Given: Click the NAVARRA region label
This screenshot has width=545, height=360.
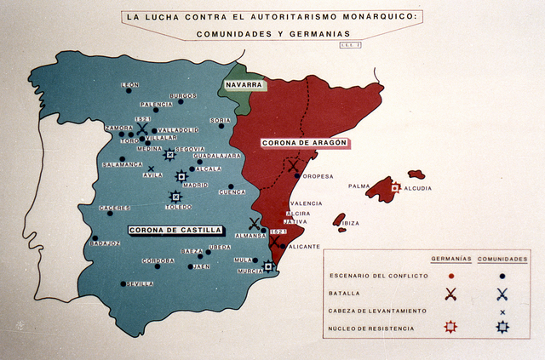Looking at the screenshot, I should click(x=244, y=85).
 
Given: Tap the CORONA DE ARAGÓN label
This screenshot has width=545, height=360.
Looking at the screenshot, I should click(x=304, y=143).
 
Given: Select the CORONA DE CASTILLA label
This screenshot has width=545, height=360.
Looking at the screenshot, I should click(x=175, y=230).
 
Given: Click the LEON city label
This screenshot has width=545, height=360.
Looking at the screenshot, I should click(x=130, y=85).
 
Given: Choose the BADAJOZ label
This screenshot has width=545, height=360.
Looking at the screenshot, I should click(x=105, y=243).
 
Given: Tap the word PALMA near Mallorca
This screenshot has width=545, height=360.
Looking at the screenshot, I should click(x=359, y=186).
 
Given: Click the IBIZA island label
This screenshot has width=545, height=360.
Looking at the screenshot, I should click(x=351, y=223).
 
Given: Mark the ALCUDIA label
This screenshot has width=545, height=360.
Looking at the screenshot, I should click(x=417, y=188).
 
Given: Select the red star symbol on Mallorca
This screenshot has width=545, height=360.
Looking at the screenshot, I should click(x=395, y=187).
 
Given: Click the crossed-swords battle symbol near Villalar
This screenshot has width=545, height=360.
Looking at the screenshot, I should click(x=142, y=130).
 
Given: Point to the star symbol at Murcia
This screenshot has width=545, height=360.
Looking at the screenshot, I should click(x=268, y=266).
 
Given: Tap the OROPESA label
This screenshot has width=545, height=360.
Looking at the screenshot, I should click(x=318, y=176).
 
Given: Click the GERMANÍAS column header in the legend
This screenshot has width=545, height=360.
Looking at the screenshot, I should click(x=450, y=258).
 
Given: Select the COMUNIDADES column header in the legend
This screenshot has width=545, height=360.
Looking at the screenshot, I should click(x=502, y=258).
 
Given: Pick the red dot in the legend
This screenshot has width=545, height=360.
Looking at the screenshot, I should click(x=450, y=276).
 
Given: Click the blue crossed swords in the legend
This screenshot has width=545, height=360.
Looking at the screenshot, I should click(x=502, y=294).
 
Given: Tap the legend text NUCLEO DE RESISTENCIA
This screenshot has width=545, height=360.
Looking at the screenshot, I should click(x=371, y=328).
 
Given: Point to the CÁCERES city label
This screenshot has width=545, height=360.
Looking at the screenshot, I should click(x=114, y=208).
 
